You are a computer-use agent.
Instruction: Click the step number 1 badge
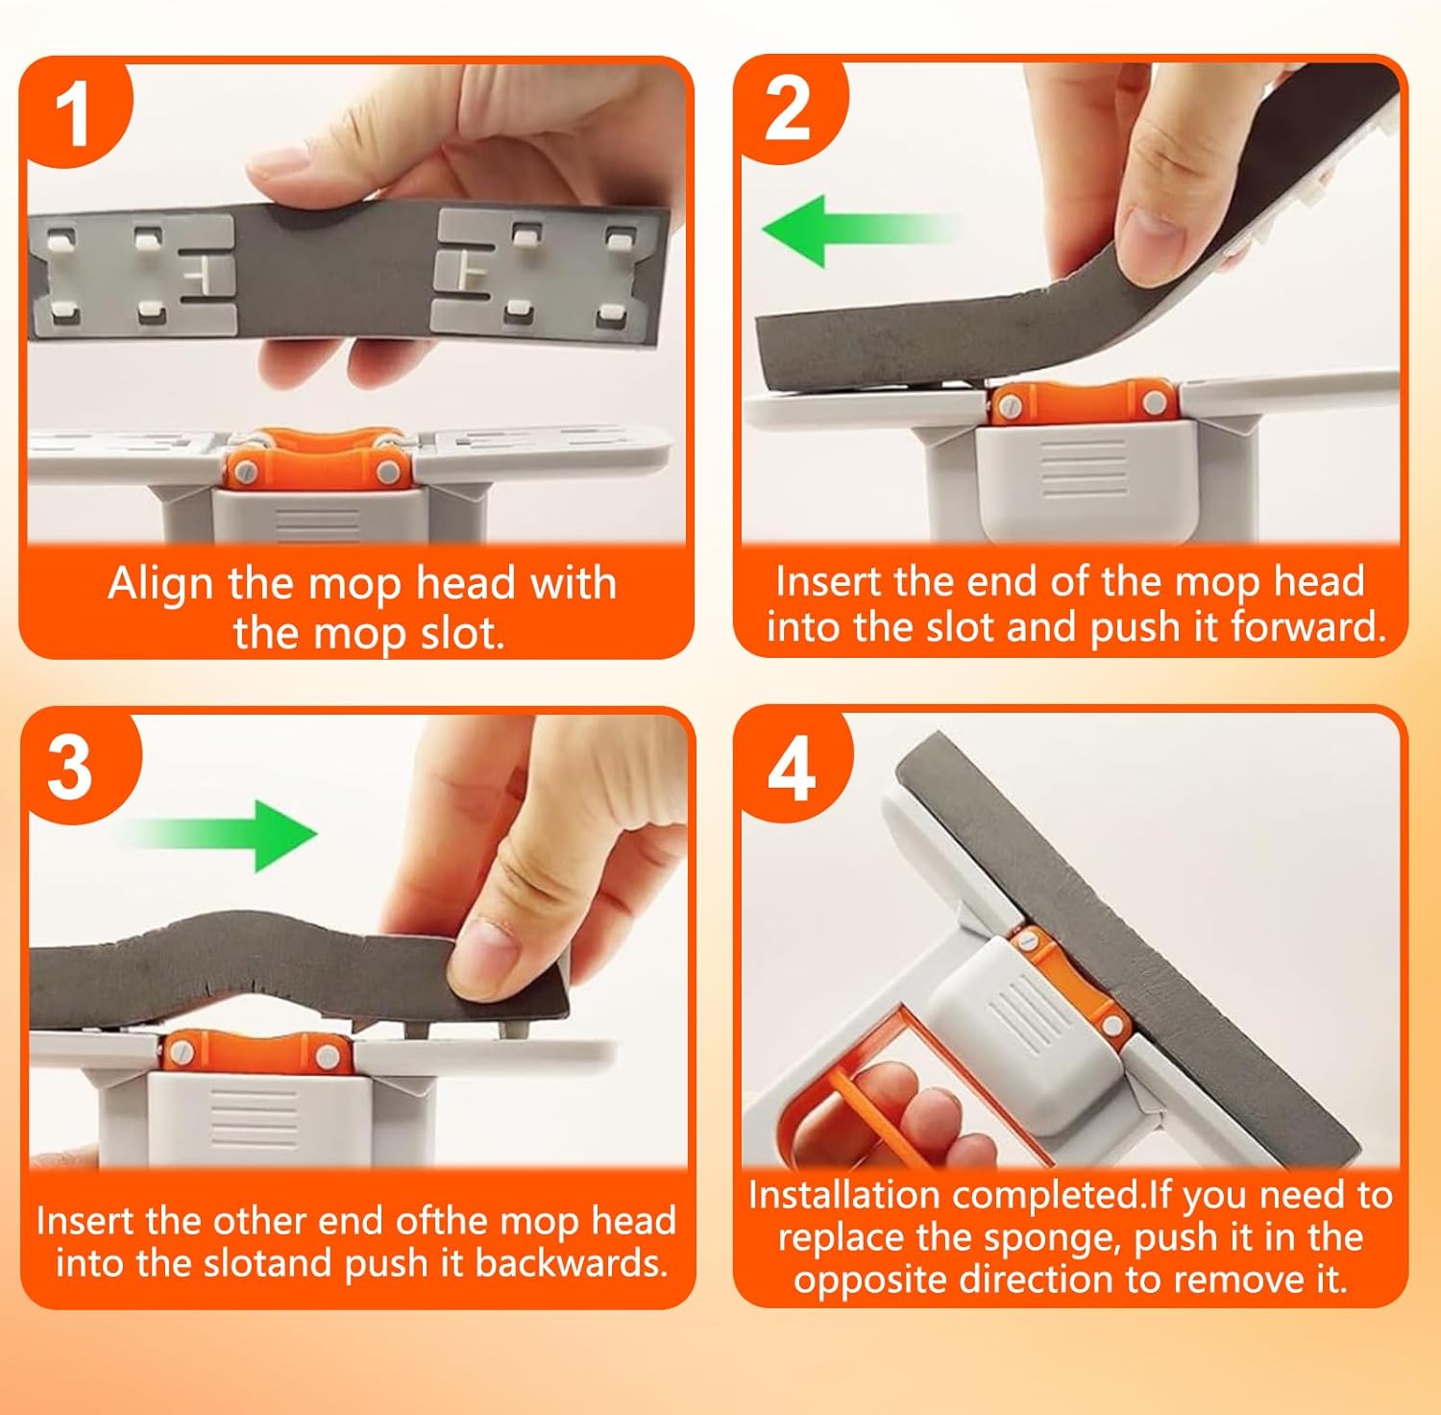pyautogui.click(x=75, y=112)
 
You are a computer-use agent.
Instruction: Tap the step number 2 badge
pyautogui.click(x=789, y=109)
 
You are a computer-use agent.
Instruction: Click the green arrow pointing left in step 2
pyautogui.click(x=860, y=230)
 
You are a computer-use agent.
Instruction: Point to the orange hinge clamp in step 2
pyautogui.click(x=1080, y=402)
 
